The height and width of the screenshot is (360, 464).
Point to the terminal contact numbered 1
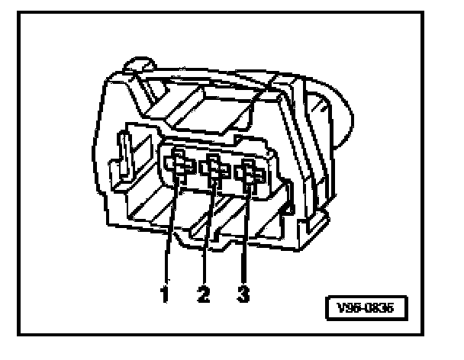179,163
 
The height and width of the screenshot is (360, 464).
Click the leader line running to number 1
172,229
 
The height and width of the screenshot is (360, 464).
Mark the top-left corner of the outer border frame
20,11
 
